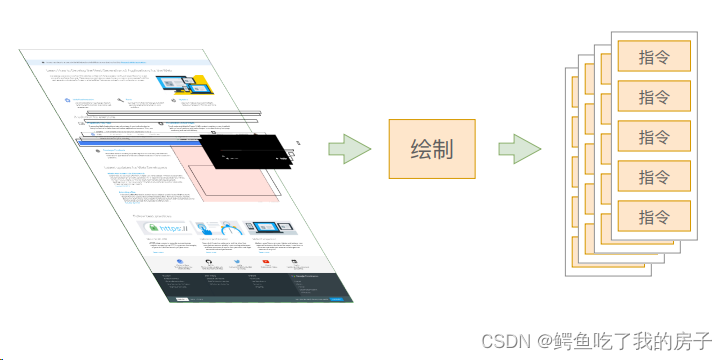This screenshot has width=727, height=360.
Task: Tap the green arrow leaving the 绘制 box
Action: point(519,151)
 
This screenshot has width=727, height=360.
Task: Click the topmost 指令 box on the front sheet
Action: point(653,57)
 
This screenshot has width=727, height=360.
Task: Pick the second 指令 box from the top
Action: point(653,97)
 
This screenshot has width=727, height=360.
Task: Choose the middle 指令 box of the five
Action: point(653,136)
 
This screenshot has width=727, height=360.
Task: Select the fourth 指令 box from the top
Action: point(653,176)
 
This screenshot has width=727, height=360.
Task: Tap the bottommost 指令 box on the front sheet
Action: point(653,215)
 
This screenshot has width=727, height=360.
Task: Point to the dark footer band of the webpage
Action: point(250,286)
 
